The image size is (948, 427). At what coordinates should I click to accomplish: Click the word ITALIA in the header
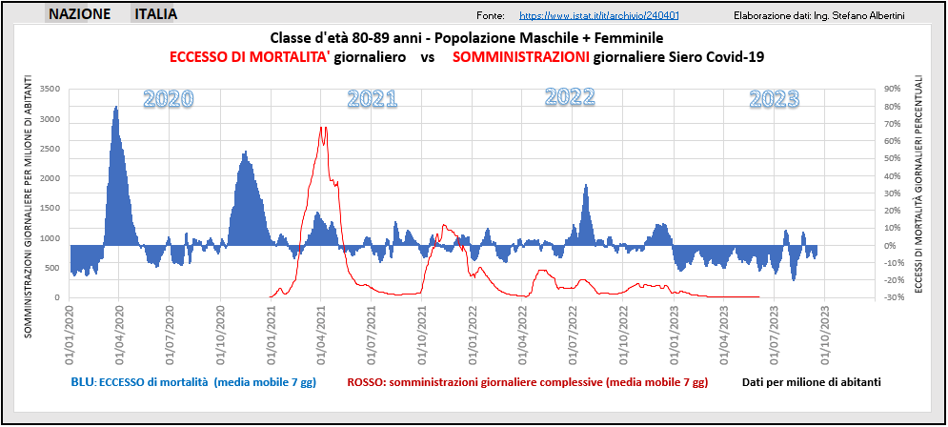point(156,14)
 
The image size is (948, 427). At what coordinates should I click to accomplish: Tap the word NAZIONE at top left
point(79,14)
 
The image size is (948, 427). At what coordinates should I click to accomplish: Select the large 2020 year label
point(169,98)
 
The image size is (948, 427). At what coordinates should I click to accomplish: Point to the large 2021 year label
point(373,98)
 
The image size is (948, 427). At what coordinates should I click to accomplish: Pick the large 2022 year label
point(570,96)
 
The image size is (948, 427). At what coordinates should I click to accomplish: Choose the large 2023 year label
point(774,98)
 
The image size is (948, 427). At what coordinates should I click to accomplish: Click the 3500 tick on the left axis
point(50,89)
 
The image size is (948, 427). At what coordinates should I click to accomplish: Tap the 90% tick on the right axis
point(893,89)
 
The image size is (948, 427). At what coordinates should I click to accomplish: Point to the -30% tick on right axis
point(894,297)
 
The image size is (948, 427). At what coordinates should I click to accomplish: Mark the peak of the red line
point(323,128)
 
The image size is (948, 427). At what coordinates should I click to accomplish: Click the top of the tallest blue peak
point(115,107)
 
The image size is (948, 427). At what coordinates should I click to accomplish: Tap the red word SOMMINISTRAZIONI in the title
point(520,57)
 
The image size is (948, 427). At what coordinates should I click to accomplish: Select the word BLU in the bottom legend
point(82,382)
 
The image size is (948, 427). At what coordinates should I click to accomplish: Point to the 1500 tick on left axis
point(50,208)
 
